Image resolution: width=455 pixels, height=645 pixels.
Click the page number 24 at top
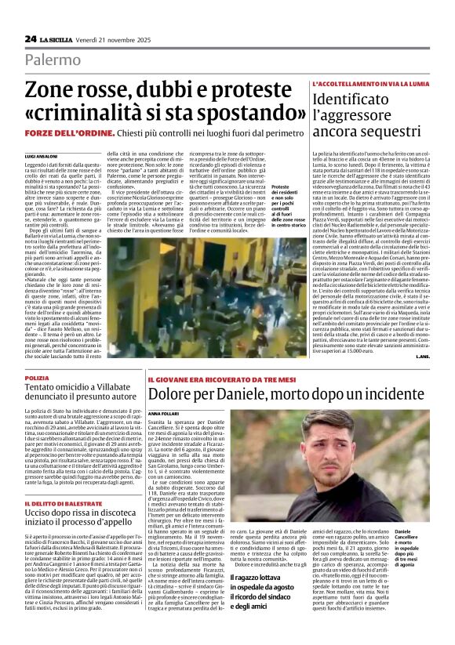[30, 39]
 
